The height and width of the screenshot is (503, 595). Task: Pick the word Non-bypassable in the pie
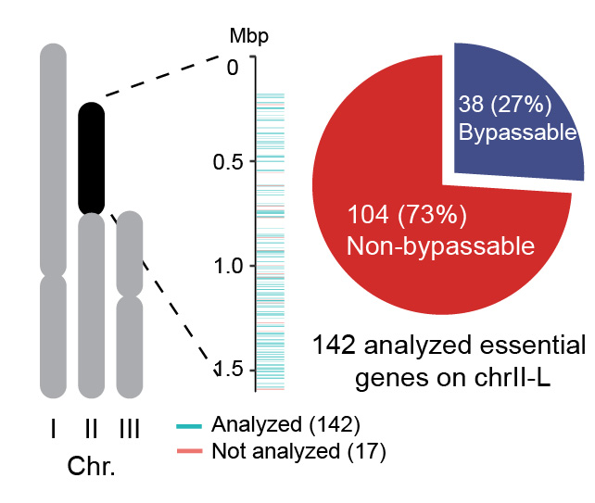tap(440, 246)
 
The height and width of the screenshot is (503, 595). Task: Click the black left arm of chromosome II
tap(91, 157)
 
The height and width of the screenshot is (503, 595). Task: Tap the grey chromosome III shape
tap(130, 306)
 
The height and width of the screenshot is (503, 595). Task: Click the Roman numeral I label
tap(53, 428)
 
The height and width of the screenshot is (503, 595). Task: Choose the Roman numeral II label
tap(91, 428)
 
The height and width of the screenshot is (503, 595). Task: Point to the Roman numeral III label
tap(130, 428)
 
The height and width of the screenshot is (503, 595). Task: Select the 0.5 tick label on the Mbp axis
tap(225, 162)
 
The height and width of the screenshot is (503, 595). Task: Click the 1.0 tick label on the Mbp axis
tap(225, 266)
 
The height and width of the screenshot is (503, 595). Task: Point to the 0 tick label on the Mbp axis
tap(233, 67)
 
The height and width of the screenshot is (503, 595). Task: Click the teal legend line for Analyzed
tap(191, 427)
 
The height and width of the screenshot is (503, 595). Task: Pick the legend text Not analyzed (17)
tap(297, 452)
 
